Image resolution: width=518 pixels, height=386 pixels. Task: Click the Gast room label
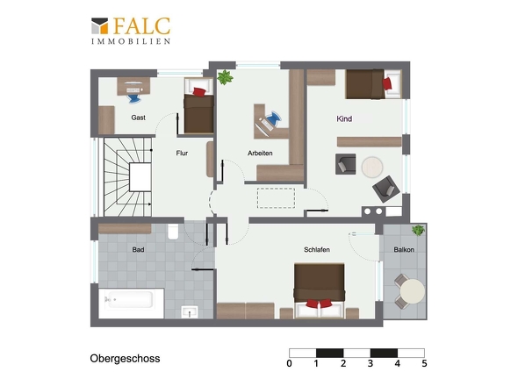138,118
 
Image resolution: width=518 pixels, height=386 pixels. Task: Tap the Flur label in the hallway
182,153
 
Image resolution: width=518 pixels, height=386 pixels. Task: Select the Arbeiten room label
260,153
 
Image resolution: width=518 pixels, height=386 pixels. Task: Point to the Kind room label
344,118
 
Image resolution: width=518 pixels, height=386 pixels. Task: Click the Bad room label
138,250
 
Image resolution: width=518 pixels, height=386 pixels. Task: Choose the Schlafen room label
317,250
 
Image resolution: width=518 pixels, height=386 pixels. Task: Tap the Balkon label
404,250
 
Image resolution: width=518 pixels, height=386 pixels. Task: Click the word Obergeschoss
125,359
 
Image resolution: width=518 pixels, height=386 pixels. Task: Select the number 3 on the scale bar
371,363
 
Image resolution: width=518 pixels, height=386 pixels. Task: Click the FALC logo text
141,26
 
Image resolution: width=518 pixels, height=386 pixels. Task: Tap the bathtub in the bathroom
131,304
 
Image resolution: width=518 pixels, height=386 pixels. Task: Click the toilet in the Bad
173,232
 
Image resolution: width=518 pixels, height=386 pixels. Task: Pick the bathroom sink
190,312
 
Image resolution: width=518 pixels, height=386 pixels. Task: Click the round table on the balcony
413,291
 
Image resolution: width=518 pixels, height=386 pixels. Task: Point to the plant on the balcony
418,230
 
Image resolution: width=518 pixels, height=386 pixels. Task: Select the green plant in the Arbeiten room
225,77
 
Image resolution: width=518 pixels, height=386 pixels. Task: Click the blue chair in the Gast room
134,98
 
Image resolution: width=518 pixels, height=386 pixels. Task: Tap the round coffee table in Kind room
372,167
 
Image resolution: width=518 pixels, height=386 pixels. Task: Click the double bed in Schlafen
320,290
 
